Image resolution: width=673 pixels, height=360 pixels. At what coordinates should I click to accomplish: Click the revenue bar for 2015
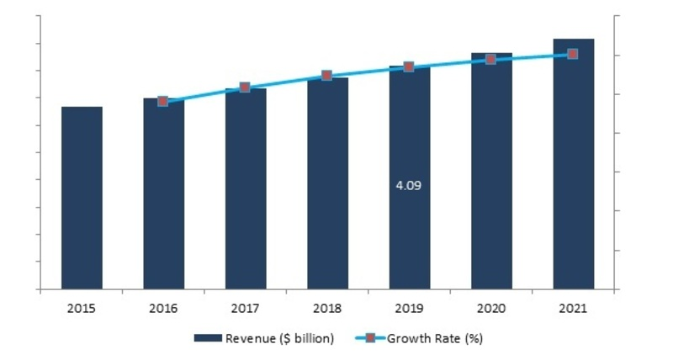pyautogui.click(x=82, y=198)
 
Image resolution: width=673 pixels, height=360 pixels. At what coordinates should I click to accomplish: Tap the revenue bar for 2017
pyautogui.click(x=245, y=189)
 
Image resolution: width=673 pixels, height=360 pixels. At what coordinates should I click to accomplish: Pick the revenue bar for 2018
pyautogui.click(x=327, y=183)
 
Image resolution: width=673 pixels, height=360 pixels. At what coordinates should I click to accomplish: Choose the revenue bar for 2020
pyautogui.click(x=491, y=172)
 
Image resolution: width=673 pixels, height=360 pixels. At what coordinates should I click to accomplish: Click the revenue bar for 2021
pyautogui.click(x=573, y=164)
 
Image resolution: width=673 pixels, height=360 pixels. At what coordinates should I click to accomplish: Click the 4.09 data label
pyautogui.click(x=408, y=185)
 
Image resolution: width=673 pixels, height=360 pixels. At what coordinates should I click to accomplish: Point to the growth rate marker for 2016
pyautogui.click(x=163, y=101)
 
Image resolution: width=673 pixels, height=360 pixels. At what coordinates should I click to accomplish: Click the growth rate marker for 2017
pyautogui.click(x=245, y=87)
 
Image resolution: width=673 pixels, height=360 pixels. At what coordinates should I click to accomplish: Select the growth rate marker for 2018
pyautogui.click(x=327, y=76)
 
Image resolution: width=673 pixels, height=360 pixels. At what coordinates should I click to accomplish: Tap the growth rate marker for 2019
pyautogui.click(x=409, y=66)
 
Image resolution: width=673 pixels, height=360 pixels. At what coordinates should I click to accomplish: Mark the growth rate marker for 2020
pyautogui.click(x=491, y=60)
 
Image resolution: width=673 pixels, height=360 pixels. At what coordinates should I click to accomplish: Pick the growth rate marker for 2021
pyautogui.click(x=573, y=54)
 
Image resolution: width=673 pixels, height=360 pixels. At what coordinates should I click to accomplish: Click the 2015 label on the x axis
pyautogui.click(x=82, y=309)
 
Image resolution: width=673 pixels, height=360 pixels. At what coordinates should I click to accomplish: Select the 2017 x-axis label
pyautogui.click(x=245, y=309)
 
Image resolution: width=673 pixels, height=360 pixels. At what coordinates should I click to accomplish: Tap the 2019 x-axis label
pyautogui.click(x=409, y=309)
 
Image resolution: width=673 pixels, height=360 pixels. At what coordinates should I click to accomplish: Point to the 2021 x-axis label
pyautogui.click(x=573, y=309)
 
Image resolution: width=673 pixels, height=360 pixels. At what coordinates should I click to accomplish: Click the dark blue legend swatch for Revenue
pyautogui.click(x=207, y=339)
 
